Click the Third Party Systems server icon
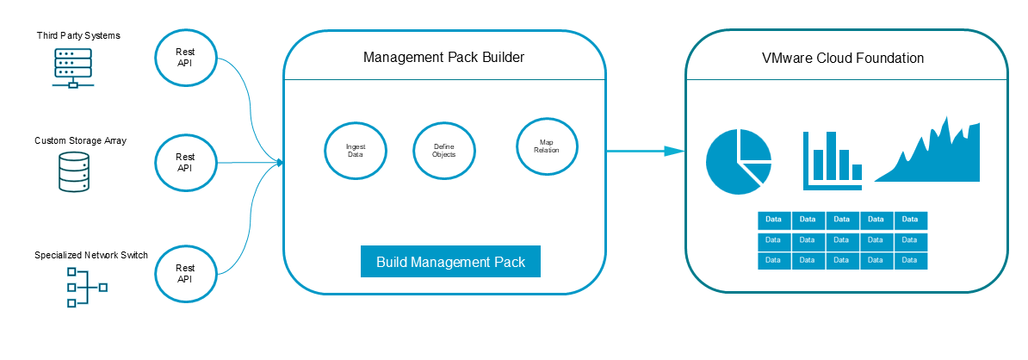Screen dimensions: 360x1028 [72, 68]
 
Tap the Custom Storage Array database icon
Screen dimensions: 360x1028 [72, 172]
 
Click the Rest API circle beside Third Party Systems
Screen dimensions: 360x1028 [185, 57]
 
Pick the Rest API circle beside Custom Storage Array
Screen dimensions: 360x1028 [185, 163]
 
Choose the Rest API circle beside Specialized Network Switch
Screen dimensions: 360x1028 [185, 274]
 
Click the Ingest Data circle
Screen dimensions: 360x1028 [356, 150]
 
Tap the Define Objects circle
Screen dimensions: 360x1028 [443, 150]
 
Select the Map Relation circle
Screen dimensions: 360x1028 [547, 146]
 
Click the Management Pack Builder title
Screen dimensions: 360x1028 [443, 58]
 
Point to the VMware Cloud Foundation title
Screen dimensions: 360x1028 [843, 59]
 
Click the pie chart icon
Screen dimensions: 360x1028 [738, 162]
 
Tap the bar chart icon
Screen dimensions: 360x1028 [832, 160]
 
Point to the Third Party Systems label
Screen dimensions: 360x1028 [78, 35]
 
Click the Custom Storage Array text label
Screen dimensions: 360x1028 [81, 140]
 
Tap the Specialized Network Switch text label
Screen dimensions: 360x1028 [91, 255]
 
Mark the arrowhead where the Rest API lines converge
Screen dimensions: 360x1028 [279, 162]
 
